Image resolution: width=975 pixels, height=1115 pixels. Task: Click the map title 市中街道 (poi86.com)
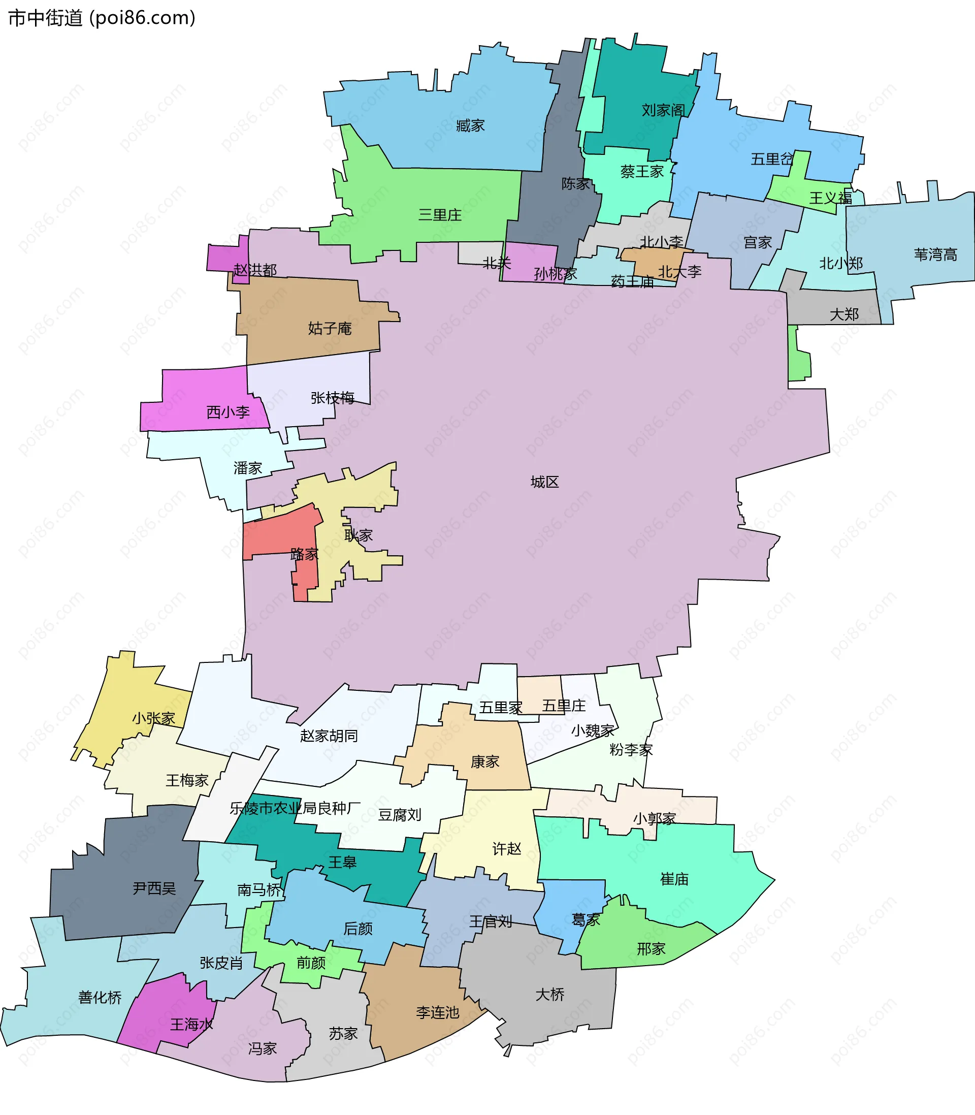point(102,18)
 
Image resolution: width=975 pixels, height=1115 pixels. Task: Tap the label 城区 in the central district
point(544,482)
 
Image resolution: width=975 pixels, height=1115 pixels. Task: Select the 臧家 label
point(470,125)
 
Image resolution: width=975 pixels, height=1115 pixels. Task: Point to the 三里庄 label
point(440,214)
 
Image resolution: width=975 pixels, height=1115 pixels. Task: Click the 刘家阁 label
point(663,110)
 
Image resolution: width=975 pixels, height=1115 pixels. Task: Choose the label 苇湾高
point(935,254)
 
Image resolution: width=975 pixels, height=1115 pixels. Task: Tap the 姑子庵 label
point(330,328)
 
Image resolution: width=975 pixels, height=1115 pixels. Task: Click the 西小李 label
point(228,412)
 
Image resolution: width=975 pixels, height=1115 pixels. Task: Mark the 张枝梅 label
point(333,398)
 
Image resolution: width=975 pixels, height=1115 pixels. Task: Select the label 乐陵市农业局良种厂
point(295,808)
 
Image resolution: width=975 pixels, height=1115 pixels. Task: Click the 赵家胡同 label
point(329,736)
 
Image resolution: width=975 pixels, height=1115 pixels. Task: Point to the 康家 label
point(485,761)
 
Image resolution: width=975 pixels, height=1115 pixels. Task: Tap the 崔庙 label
point(674,879)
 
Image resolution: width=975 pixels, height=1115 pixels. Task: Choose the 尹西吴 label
point(154,888)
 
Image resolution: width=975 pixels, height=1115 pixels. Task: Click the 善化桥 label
point(100,998)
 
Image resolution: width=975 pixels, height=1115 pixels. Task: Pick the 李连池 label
point(437,1012)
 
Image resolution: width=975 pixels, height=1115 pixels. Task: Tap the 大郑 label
point(844,314)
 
